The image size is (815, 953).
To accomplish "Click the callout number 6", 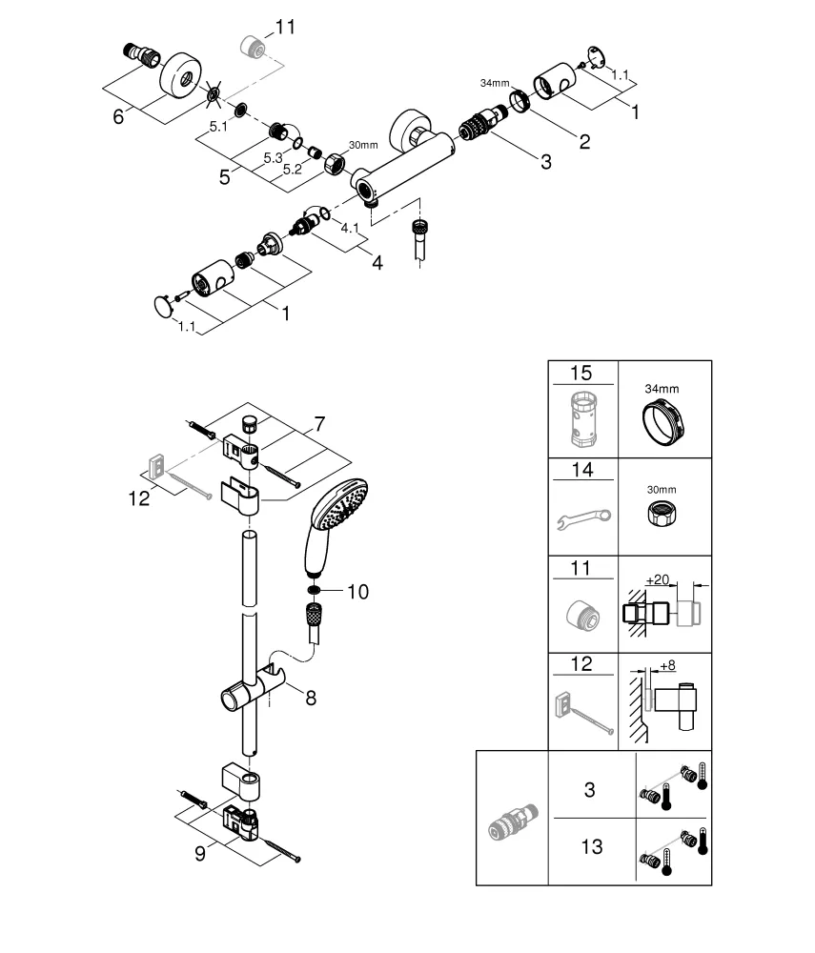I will tap(118, 116).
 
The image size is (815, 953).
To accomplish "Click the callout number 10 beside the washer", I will tap(357, 592).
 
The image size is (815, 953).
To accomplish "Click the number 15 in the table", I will tap(583, 372).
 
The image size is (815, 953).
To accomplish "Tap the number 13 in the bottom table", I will tap(592, 846).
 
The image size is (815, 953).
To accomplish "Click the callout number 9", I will tap(200, 854).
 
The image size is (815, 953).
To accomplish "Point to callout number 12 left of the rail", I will tap(140, 497).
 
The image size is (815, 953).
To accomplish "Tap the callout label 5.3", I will tap(273, 158).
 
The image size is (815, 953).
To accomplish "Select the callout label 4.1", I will tap(350, 228).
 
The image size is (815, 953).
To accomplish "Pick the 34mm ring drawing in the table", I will tap(664, 419).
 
